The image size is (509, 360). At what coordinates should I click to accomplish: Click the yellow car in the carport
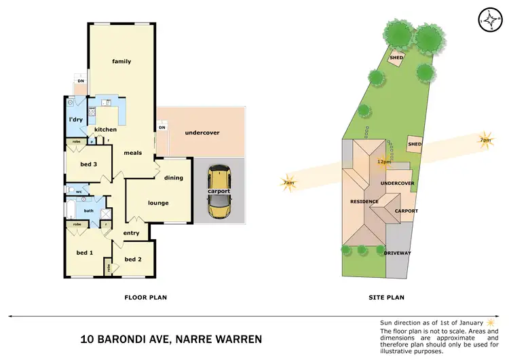coord(219,194)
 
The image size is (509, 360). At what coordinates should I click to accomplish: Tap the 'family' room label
coord(121,62)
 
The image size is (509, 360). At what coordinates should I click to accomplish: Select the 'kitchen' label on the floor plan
coord(105,130)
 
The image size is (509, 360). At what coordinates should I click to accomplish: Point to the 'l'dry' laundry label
coord(76,120)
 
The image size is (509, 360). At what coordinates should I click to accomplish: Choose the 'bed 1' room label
coord(84,253)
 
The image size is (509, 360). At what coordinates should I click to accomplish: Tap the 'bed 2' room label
coord(133,259)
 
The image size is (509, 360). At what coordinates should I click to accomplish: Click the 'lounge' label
coord(158,202)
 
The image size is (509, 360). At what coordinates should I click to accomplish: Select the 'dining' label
coord(174,178)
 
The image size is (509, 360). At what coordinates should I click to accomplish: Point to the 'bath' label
coord(88,211)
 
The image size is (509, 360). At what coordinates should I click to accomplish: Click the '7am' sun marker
coord(288,183)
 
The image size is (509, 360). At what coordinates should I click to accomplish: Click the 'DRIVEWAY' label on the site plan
coord(397,253)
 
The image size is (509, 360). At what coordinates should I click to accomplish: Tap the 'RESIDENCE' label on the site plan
coord(364,202)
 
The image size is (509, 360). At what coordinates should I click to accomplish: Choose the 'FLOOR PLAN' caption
coord(145,297)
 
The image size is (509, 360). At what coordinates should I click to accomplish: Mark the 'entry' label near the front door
coord(131,233)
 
